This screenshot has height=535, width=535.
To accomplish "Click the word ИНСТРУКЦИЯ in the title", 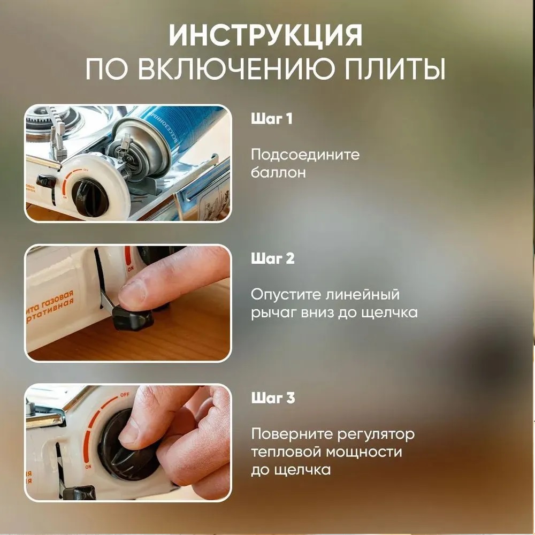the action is (265, 35).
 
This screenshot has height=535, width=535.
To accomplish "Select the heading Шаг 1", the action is (272, 119).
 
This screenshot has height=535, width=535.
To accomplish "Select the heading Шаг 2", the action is (273, 258).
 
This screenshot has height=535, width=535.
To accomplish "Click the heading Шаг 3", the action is (273, 398).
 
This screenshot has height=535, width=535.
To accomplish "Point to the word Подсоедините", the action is (305, 155).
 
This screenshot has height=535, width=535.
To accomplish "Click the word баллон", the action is (278, 172).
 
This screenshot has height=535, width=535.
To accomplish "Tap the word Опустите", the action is (285, 294).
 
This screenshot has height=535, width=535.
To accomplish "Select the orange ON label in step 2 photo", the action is (131, 269).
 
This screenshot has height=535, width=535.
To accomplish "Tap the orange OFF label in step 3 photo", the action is (124, 395).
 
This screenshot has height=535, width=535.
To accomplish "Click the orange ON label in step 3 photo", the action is (88, 466).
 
